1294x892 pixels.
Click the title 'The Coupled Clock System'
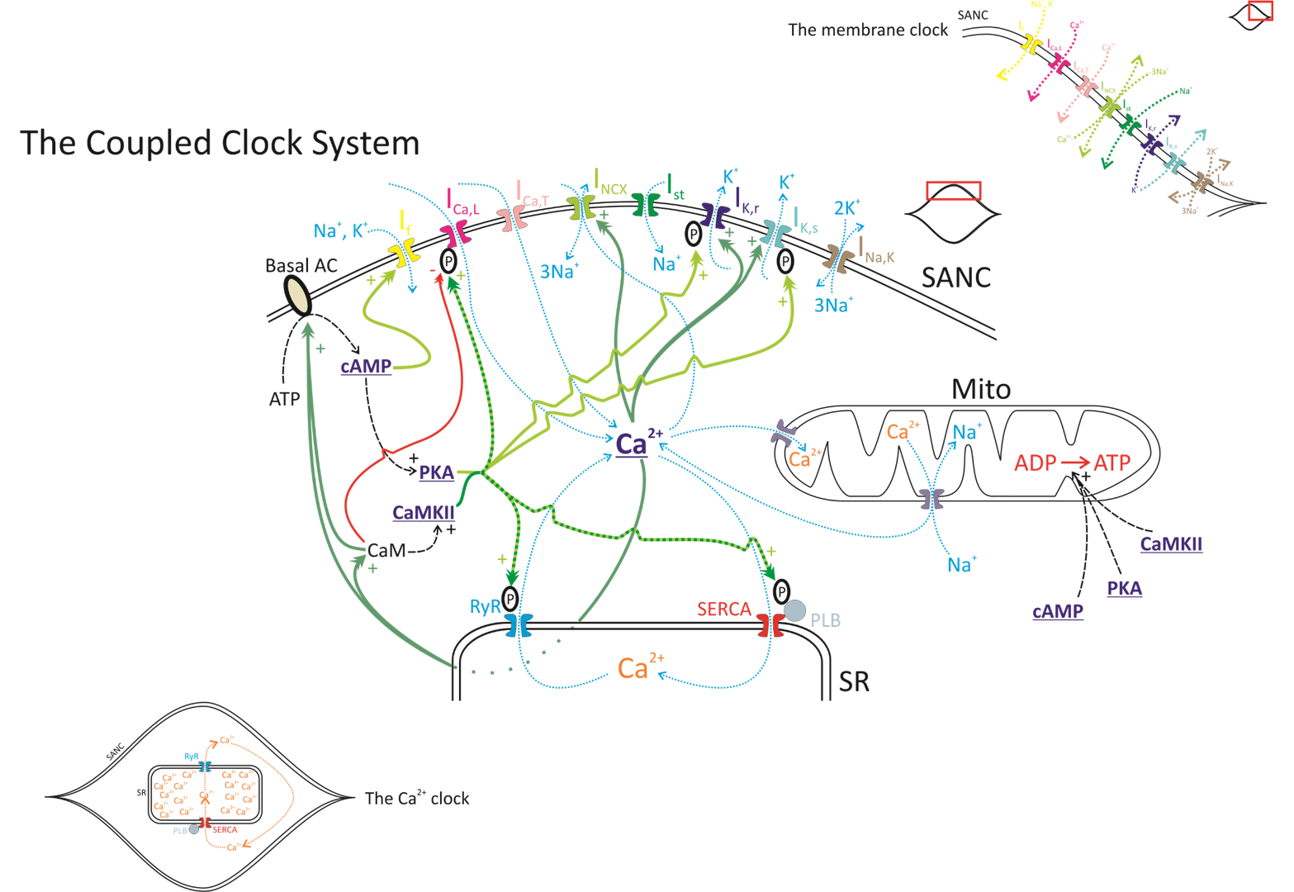[x=220, y=143]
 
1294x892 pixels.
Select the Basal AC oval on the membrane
[x=297, y=295]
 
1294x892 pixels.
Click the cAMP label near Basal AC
[x=366, y=366]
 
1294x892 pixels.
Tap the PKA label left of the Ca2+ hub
[x=436, y=472]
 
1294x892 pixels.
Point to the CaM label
[x=386, y=550]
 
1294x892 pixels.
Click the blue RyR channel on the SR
[x=519, y=624]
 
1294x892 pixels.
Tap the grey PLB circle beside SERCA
[x=794, y=611]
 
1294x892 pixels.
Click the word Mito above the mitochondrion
[x=980, y=389]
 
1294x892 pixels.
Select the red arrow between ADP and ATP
[x=1074, y=463]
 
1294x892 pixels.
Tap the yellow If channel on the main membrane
[x=404, y=251]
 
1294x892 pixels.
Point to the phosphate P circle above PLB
[x=781, y=591]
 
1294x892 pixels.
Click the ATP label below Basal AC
[x=284, y=400]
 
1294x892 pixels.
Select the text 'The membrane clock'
[x=867, y=31]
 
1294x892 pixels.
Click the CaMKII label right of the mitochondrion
[x=1170, y=544]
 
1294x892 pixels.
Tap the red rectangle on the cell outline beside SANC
[x=953, y=191]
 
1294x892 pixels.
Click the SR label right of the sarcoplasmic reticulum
[x=854, y=681]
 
